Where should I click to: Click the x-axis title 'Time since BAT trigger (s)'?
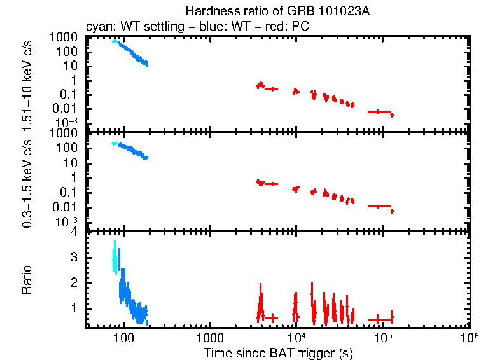coord(278,352)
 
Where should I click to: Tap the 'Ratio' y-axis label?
coord(27,281)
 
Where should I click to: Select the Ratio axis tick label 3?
coord(75,257)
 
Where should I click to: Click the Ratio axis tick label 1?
coord(75,307)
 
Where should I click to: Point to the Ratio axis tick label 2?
coord(75,282)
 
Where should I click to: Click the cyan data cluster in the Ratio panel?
coord(115,258)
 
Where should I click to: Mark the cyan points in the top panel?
coord(114,41)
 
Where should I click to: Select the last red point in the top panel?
coord(393,115)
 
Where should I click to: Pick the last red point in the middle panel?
coord(393,211)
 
